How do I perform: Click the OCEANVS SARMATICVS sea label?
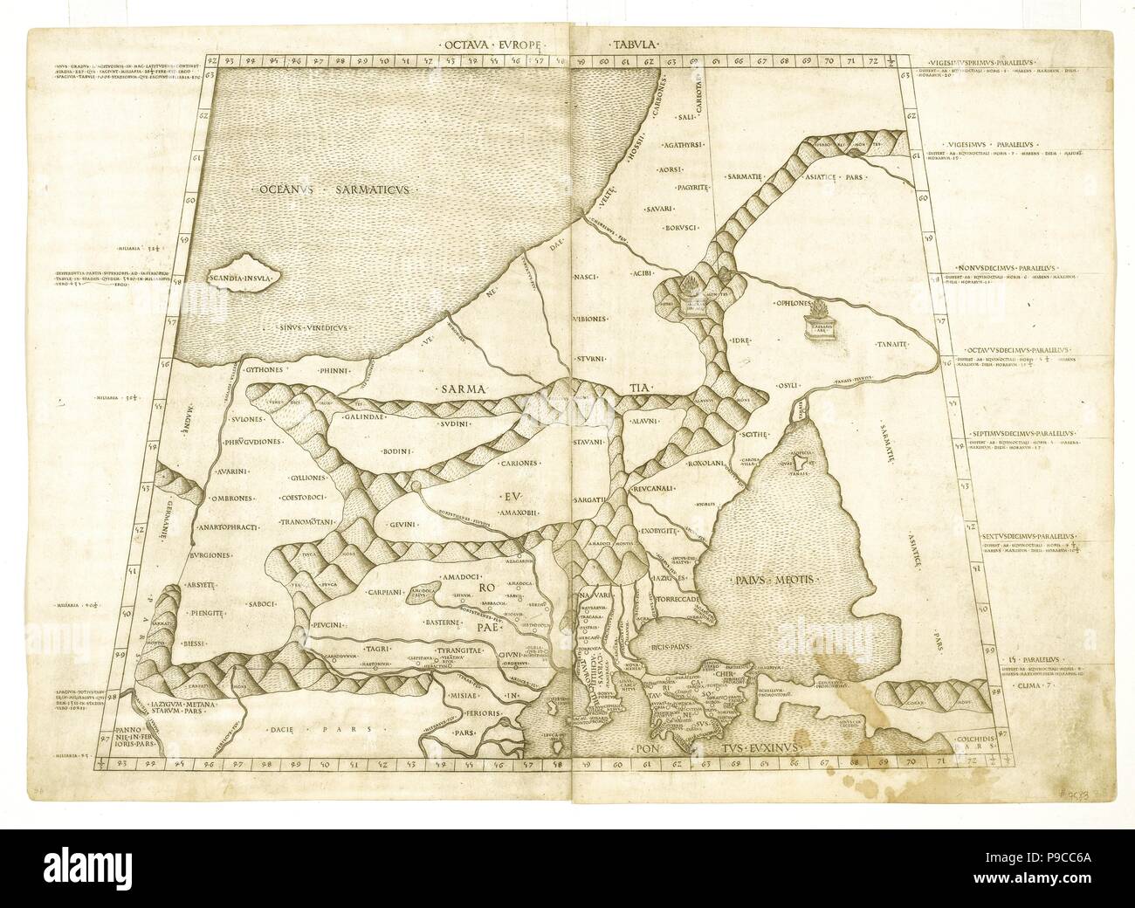tap(334, 189)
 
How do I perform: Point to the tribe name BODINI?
tap(397, 451)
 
